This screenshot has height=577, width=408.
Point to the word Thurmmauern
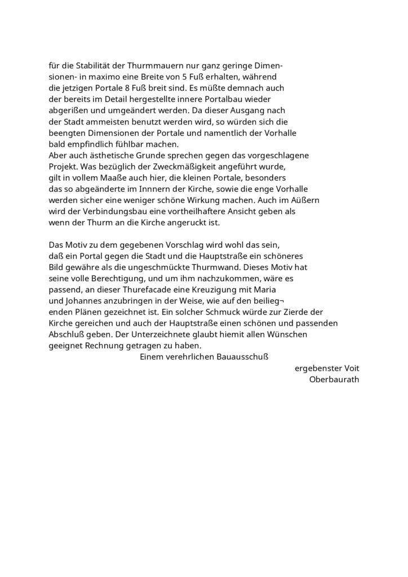tap(167, 65)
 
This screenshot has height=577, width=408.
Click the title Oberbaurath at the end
tap(334, 379)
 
